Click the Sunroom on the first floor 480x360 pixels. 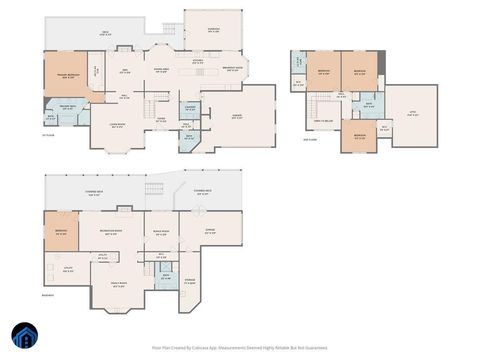(x=212, y=28)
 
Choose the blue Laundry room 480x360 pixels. (x=191, y=108)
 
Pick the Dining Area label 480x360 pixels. (x=160, y=70)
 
